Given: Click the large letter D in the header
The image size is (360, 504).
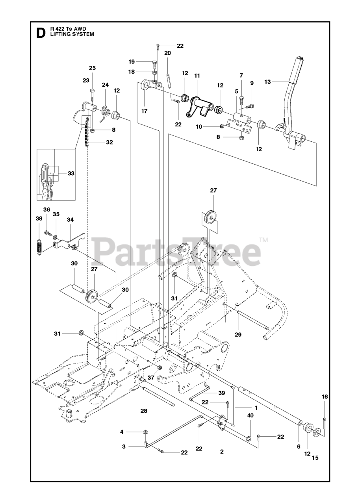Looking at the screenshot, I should pyautogui.click(x=40, y=32).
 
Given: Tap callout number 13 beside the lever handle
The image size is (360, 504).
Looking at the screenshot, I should pyautogui.click(x=268, y=82).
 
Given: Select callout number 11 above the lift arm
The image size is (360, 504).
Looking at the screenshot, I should pyautogui.click(x=197, y=75).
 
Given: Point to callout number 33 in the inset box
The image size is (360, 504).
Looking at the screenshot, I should pyautogui.click(x=71, y=173).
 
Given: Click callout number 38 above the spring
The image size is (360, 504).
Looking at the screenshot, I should pyautogui.click(x=39, y=219).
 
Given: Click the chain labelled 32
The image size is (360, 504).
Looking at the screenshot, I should pyautogui.click(x=88, y=132).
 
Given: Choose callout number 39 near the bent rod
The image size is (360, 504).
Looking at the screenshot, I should pyautogui.click(x=221, y=393).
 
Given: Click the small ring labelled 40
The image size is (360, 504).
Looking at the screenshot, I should pyautogui.click(x=249, y=438).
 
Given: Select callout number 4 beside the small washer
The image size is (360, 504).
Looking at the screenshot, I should pyautogui.click(x=122, y=432).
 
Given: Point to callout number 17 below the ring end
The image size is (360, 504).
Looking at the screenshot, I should pyautogui.click(x=145, y=111).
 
